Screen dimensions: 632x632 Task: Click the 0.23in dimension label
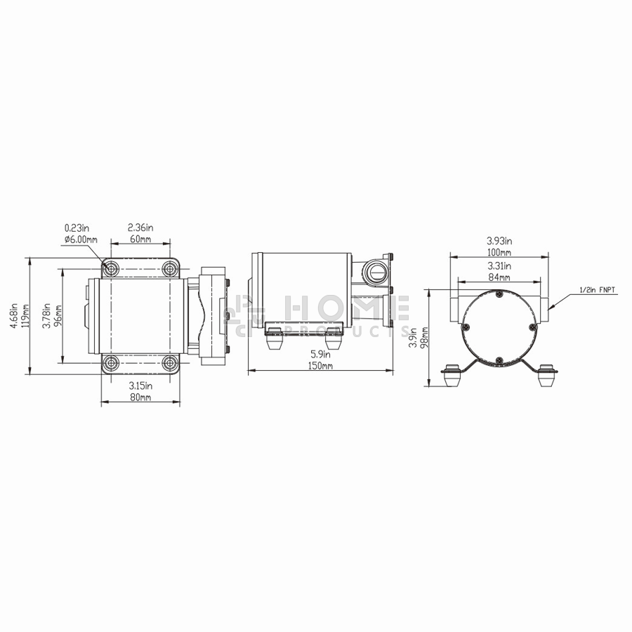tap(77, 228)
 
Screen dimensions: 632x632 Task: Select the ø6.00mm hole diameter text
tap(81, 239)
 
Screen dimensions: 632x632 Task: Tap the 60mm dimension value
tap(140, 239)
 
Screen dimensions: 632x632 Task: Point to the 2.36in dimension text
tap(140, 228)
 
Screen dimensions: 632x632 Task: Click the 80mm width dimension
tap(140, 397)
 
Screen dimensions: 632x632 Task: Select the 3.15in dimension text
tap(140, 386)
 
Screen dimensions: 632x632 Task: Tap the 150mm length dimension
tap(321, 366)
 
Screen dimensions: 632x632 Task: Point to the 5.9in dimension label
tap(320, 355)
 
